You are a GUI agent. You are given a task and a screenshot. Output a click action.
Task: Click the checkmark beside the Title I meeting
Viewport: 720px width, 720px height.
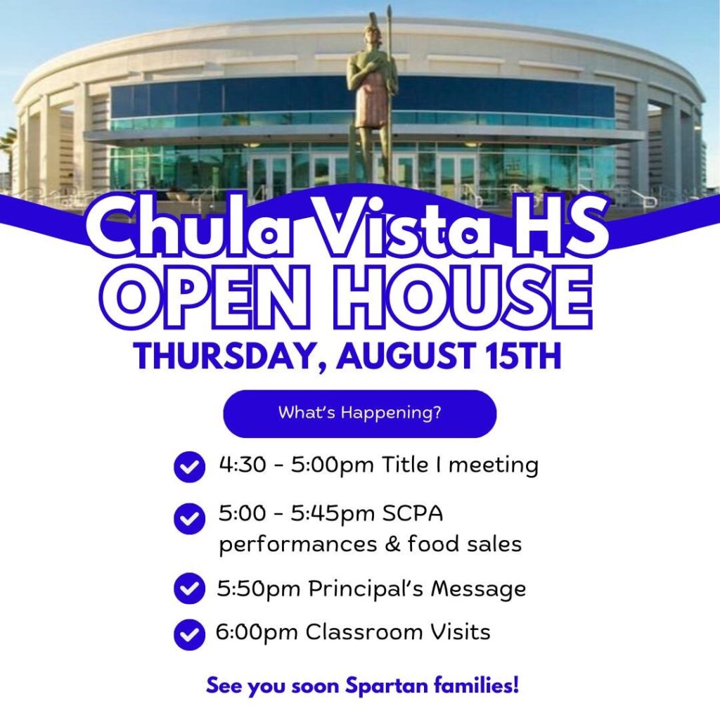click(189, 467)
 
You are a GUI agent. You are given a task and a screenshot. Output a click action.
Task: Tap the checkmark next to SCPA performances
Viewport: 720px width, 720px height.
click(189, 518)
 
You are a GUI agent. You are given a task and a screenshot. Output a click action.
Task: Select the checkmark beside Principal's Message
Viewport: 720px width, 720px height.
click(189, 589)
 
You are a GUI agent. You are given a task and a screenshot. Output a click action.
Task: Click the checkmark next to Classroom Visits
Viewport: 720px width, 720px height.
click(189, 635)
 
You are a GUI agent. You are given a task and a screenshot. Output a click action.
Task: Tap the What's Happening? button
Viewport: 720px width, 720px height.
click(359, 413)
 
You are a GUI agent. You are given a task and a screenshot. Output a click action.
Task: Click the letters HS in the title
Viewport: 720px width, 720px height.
click(560, 225)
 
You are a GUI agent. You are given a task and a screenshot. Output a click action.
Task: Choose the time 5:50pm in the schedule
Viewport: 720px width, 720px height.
click(259, 589)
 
